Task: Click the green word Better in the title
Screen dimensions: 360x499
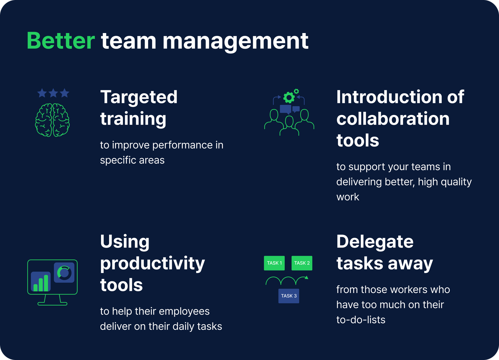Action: [61, 41]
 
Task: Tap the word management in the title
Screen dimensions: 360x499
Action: [235, 41]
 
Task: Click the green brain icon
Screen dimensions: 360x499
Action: [52, 120]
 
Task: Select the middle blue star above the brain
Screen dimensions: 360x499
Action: [53, 93]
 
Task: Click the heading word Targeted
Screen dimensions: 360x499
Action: [139, 97]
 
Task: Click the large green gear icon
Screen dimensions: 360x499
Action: [289, 98]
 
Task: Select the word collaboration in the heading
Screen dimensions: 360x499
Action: [393, 119]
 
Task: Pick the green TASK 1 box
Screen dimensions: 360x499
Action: [274, 263]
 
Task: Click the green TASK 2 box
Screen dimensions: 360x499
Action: [302, 263]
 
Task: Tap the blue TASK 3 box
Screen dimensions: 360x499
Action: [289, 296]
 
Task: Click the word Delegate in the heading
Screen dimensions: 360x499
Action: [375, 242]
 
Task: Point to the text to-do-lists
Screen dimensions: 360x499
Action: [361, 320]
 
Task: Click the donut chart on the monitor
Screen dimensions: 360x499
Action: [64, 273]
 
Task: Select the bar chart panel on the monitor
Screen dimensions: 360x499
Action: [41, 281]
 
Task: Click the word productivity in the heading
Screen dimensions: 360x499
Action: [153, 264]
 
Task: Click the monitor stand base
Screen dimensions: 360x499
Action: [52, 304]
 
